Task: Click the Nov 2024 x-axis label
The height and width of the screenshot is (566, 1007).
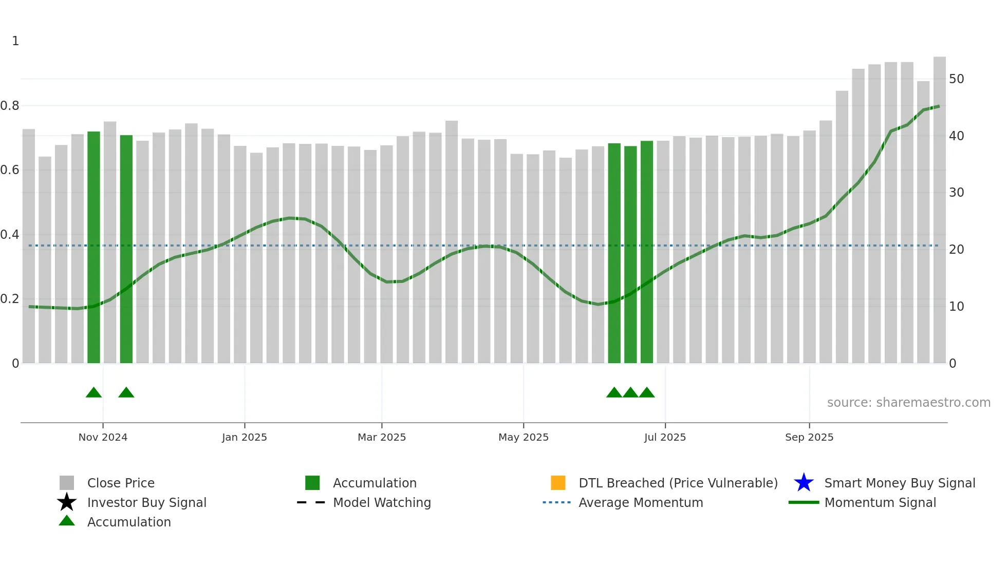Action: click(103, 437)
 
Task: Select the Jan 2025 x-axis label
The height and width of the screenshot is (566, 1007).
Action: click(245, 437)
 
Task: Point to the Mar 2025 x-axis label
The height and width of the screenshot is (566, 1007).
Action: click(382, 437)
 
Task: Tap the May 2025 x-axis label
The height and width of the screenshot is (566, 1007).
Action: click(524, 437)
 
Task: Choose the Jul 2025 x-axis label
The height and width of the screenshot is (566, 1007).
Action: click(665, 437)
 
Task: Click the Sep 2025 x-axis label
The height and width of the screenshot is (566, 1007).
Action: click(809, 437)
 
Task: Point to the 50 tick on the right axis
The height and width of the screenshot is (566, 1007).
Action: click(956, 79)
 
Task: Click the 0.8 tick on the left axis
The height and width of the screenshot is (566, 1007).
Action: click(10, 106)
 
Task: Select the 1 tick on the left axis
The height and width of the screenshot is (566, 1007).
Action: click(15, 41)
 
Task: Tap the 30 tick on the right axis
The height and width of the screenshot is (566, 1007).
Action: click(956, 193)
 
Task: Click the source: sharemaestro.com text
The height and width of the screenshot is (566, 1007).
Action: click(908, 403)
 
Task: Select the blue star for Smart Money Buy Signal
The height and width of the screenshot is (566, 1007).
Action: click(804, 483)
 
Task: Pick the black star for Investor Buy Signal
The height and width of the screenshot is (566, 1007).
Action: click(67, 502)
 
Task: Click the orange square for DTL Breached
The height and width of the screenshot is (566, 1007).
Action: click(558, 483)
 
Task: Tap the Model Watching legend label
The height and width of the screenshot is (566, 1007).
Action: click(382, 502)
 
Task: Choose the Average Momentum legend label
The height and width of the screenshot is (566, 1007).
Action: click(641, 502)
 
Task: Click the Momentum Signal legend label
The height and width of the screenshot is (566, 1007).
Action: click(880, 502)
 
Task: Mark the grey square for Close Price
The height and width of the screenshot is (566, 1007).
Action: click(67, 483)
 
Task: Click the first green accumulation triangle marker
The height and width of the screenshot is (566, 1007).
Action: click(94, 393)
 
